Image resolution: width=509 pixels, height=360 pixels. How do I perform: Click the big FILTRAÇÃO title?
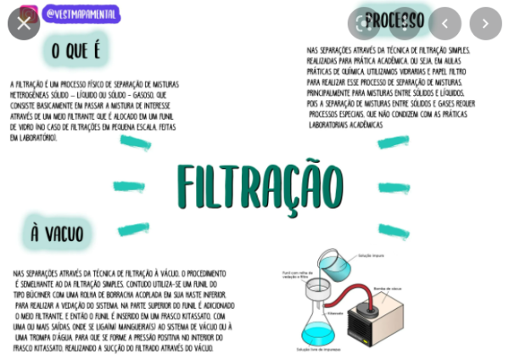pyautogui.click(x=260, y=186)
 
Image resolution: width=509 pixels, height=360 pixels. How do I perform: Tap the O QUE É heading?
pyautogui.click(x=76, y=50)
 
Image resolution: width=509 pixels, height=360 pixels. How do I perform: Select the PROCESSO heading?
pyautogui.click(x=394, y=20)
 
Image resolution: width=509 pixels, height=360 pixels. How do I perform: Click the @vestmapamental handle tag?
pyautogui.click(x=81, y=14)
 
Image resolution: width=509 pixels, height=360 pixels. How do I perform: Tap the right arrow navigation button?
pyautogui.click(x=485, y=24)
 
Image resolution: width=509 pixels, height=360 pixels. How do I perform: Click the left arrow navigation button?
pyautogui.click(x=445, y=24)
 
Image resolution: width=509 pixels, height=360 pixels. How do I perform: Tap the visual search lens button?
pyautogui.click(x=364, y=24)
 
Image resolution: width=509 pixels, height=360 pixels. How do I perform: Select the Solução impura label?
pyautogui.click(x=371, y=255)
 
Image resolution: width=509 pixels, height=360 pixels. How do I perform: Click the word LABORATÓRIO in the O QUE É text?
pyautogui.click(x=35, y=138)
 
